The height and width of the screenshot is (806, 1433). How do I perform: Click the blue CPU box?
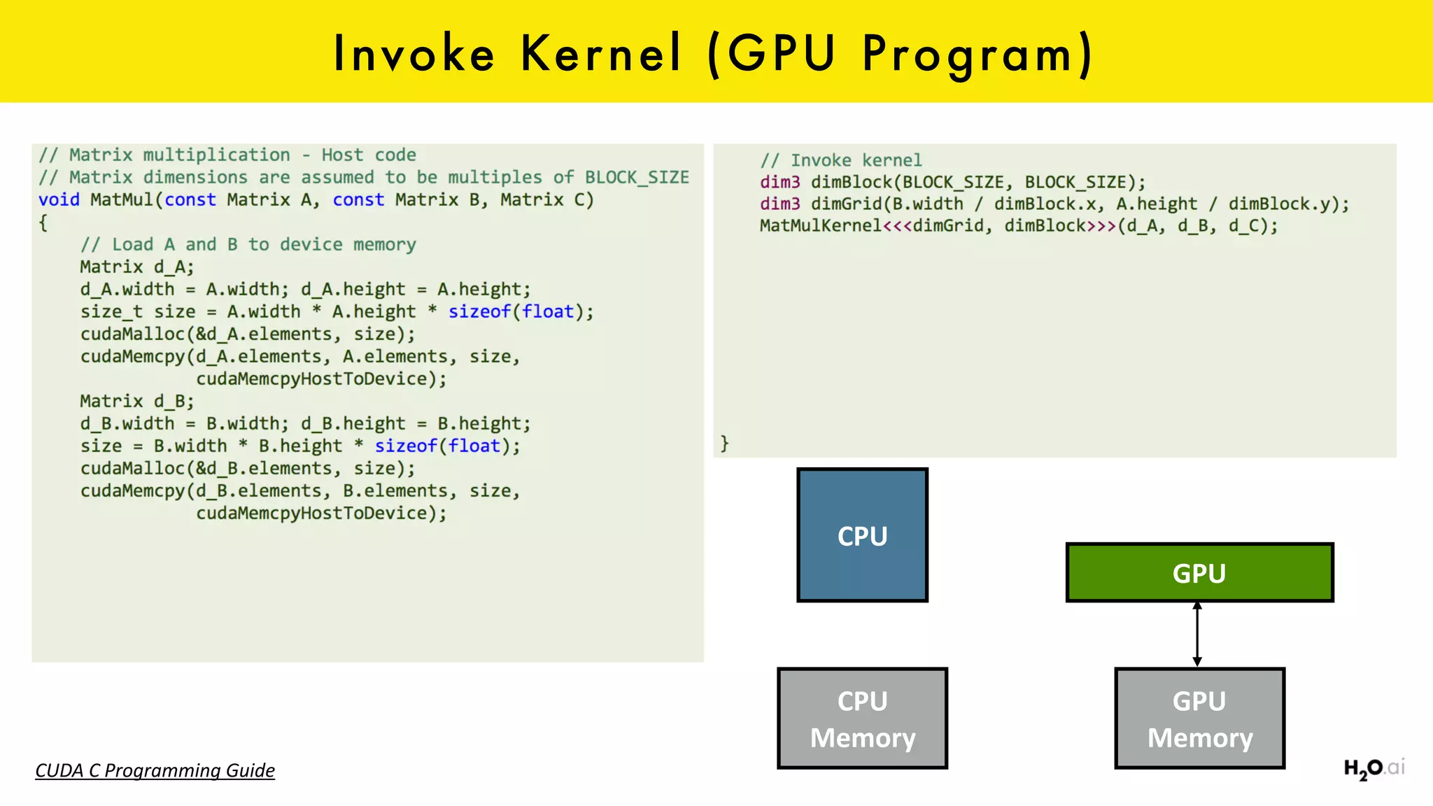(862, 535)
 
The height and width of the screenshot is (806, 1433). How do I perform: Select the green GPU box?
(1199, 572)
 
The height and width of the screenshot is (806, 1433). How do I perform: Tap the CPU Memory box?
(862, 719)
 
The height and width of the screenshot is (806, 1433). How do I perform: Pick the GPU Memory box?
(1199, 719)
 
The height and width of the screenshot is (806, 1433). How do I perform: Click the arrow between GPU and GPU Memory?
(1197, 634)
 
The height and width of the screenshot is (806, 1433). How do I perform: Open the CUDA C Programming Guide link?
(155, 770)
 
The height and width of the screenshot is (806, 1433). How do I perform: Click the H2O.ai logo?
(1374, 768)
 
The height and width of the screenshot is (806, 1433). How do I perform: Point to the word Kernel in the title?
(600, 53)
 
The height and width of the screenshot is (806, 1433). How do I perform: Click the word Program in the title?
(968, 55)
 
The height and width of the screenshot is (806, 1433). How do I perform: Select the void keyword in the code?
(59, 199)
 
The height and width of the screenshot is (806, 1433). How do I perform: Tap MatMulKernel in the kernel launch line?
(820, 226)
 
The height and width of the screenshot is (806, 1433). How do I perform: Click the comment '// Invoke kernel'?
(841, 160)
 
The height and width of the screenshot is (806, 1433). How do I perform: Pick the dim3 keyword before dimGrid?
(779, 204)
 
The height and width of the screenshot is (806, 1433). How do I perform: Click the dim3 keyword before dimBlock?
(779, 182)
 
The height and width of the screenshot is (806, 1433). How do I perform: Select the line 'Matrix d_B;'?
(136, 401)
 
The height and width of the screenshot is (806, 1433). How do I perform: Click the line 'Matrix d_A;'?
(136, 267)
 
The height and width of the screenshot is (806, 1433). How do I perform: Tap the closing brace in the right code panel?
(725, 443)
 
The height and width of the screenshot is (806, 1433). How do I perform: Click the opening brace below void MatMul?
(43, 222)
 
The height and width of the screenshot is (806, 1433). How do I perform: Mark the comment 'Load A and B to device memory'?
(248, 244)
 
